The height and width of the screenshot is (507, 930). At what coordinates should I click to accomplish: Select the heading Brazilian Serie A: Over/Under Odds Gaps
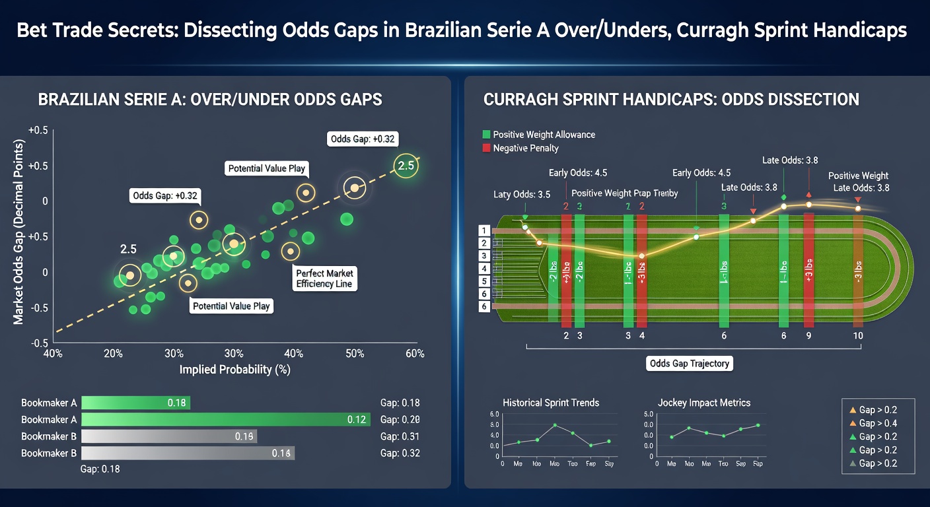[x=210, y=100]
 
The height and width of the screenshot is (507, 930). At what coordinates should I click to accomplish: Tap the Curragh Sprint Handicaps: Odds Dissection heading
[x=671, y=100]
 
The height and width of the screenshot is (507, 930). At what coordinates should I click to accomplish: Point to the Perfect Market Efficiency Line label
[x=324, y=279]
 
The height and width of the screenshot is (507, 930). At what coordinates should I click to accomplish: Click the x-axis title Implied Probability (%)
[x=235, y=370]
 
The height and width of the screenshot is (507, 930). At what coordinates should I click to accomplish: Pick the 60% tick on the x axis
[x=415, y=354]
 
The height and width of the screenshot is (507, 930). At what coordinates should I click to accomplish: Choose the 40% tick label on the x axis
[x=52, y=354]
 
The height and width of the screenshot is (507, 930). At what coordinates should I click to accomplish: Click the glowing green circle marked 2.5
[x=406, y=166]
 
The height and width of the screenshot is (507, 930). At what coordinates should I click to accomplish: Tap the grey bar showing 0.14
[x=188, y=453]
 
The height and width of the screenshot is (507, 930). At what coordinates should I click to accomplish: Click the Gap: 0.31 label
[x=400, y=436]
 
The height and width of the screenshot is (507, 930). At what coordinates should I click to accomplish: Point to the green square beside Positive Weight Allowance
[x=487, y=135]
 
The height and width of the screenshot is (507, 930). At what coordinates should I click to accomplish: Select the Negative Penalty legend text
[x=526, y=149]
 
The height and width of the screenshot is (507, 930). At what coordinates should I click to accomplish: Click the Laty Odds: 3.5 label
[x=522, y=195]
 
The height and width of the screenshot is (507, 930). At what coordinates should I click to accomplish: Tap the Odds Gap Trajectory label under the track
[x=690, y=363]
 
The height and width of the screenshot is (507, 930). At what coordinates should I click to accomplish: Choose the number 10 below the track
[x=858, y=335]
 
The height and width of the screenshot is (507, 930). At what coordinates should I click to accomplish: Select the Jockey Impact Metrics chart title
[x=703, y=402]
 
